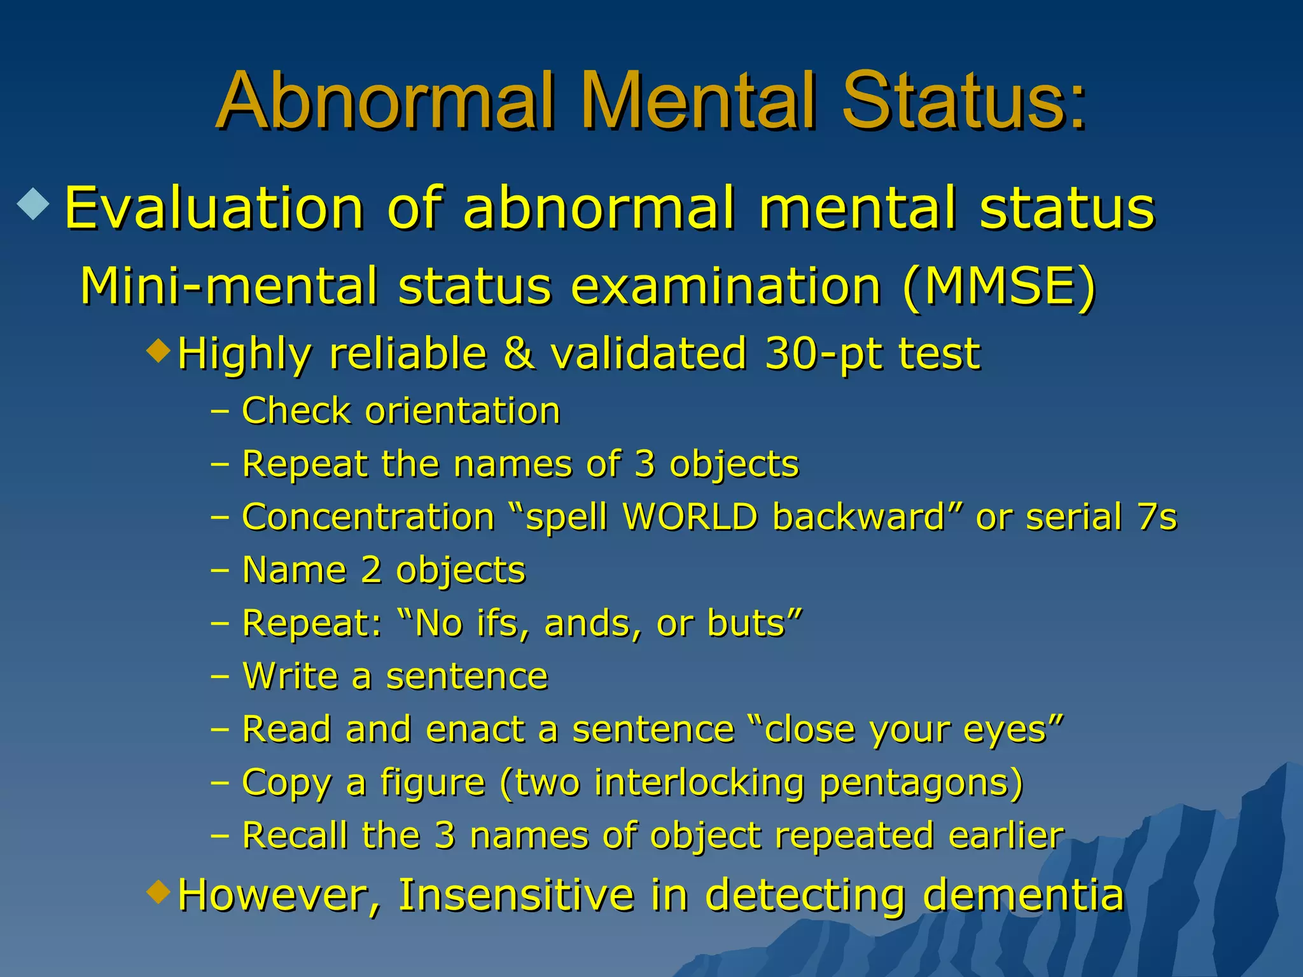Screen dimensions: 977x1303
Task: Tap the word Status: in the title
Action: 964,102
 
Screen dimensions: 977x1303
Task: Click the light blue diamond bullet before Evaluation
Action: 34,205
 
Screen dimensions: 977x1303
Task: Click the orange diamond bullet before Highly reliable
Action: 158,349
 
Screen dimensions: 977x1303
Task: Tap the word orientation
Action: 463,411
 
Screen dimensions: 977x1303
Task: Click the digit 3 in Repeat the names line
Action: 645,464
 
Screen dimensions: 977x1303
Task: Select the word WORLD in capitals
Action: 690,516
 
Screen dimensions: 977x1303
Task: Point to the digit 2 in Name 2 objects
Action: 371,569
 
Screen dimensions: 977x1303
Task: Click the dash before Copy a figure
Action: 219,782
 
